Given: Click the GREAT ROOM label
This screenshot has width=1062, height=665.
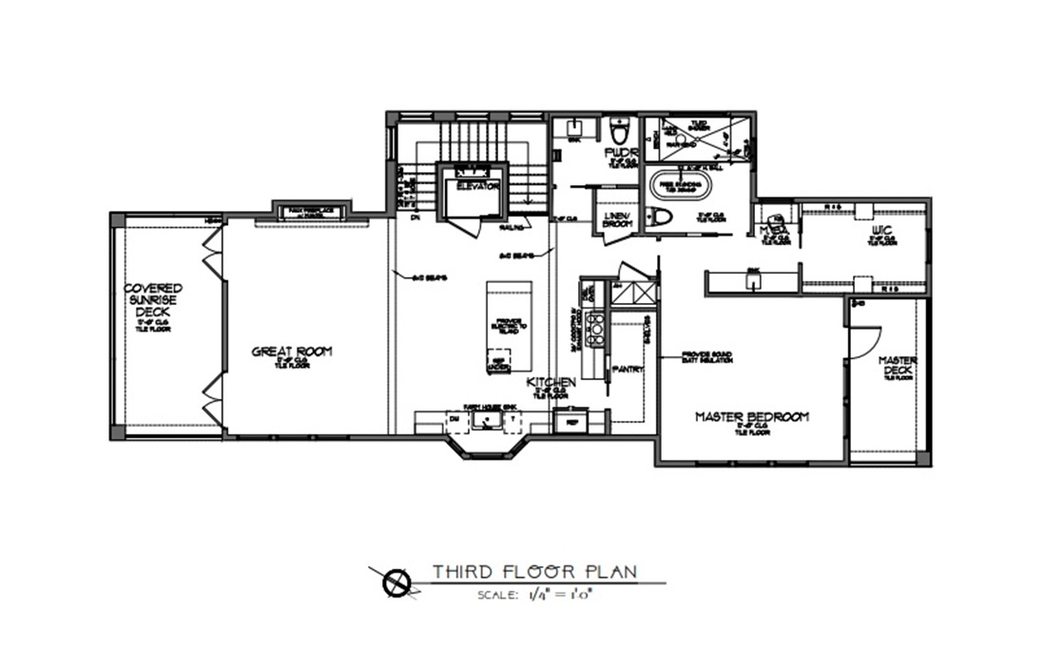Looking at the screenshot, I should coord(292,351).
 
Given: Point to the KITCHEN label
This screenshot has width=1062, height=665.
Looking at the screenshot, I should coord(552,382).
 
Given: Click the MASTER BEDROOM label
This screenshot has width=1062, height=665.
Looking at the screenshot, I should coord(751,417).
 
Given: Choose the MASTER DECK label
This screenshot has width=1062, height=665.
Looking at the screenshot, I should coord(897,366).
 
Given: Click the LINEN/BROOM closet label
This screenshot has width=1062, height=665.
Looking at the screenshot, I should coord(617,219).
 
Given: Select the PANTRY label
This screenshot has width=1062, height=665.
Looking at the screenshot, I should coord(628,369).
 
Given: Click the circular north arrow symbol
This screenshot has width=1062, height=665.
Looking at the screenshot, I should coord(396,582).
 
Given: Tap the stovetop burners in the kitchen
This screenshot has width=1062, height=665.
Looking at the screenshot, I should coord(595,329).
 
